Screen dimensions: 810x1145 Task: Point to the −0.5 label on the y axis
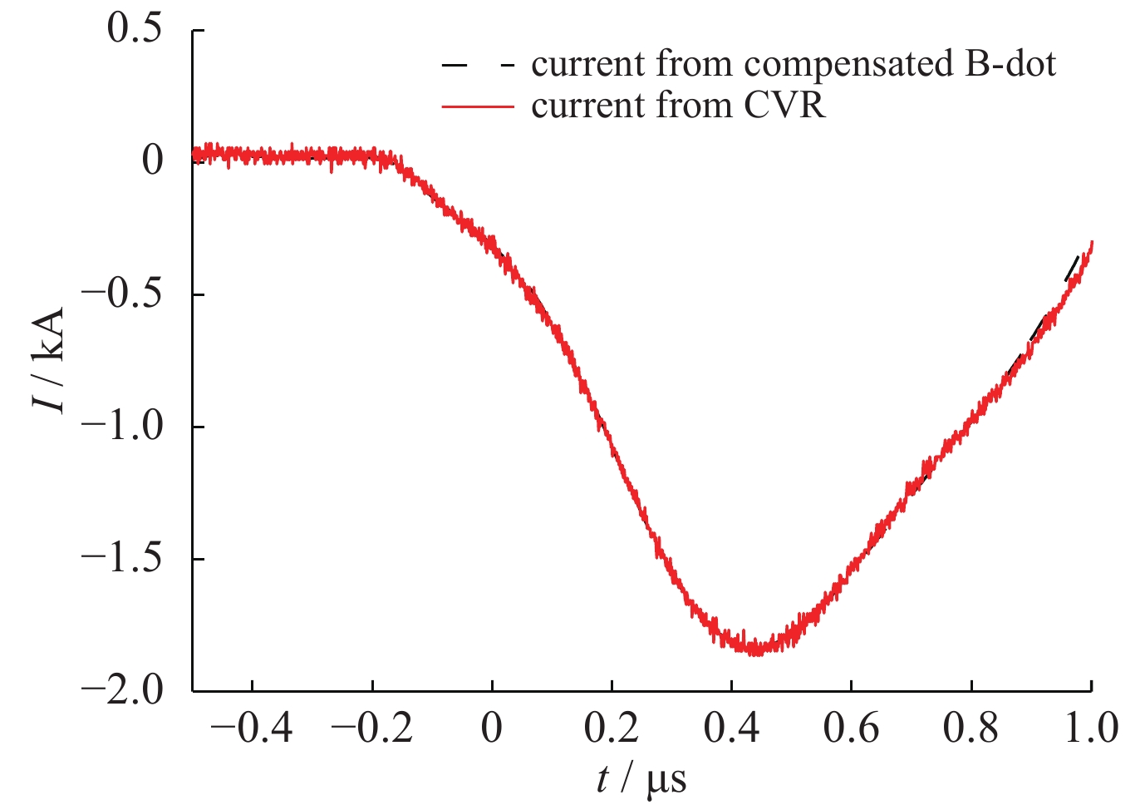tap(121, 294)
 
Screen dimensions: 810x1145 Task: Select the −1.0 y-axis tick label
tap(121, 427)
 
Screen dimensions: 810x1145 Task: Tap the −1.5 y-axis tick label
tap(121, 559)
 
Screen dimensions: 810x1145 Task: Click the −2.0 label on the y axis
tap(121, 690)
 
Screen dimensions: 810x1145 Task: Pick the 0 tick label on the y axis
tap(153, 161)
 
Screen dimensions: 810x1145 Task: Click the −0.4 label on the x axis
tap(252, 729)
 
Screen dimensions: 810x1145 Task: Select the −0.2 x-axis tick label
tap(371, 729)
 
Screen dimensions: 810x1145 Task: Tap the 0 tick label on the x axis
tap(492, 729)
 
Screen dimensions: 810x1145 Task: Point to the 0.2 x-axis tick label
tap(612, 729)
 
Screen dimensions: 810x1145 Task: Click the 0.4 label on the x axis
tap(731, 729)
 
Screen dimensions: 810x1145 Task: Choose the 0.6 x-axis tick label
tap(851, 729)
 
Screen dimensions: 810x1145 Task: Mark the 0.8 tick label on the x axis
tap(971, 729)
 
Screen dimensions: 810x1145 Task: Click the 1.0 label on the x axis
tap(1090, 729)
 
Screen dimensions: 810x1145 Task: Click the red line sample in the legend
tap(478, 106)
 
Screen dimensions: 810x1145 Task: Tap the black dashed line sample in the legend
tap(478, 64)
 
